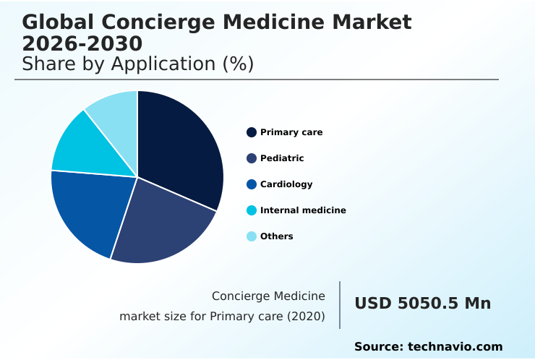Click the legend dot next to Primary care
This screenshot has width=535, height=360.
pyautogui.click(x=252, y=132)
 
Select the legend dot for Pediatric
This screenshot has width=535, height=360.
pyautogui.click(x=252, y=158)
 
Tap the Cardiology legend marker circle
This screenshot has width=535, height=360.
pyautogui.click(x=252, y=184)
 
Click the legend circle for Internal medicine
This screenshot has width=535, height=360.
pyautogui.click(x=252, y=210)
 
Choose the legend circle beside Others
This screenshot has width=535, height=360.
pyautogui.click(x=252, y=236)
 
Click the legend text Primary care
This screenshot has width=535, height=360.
pyautogui.click(x=291, y=132)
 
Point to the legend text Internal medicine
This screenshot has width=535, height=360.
pyautogui.click(x=303, y=210)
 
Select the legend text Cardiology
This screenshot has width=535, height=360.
pyautogui.click(x=286, y=184)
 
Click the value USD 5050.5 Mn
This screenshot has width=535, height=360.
pyautogui.click(x=422, y=304)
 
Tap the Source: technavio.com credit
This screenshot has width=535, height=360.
pyautogui.click(x=428, y=347)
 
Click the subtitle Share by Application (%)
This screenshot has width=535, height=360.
pyautogui.click(x=137, y=64)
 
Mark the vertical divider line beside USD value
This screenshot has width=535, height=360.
pyautogui.click(x=340, y=305)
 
